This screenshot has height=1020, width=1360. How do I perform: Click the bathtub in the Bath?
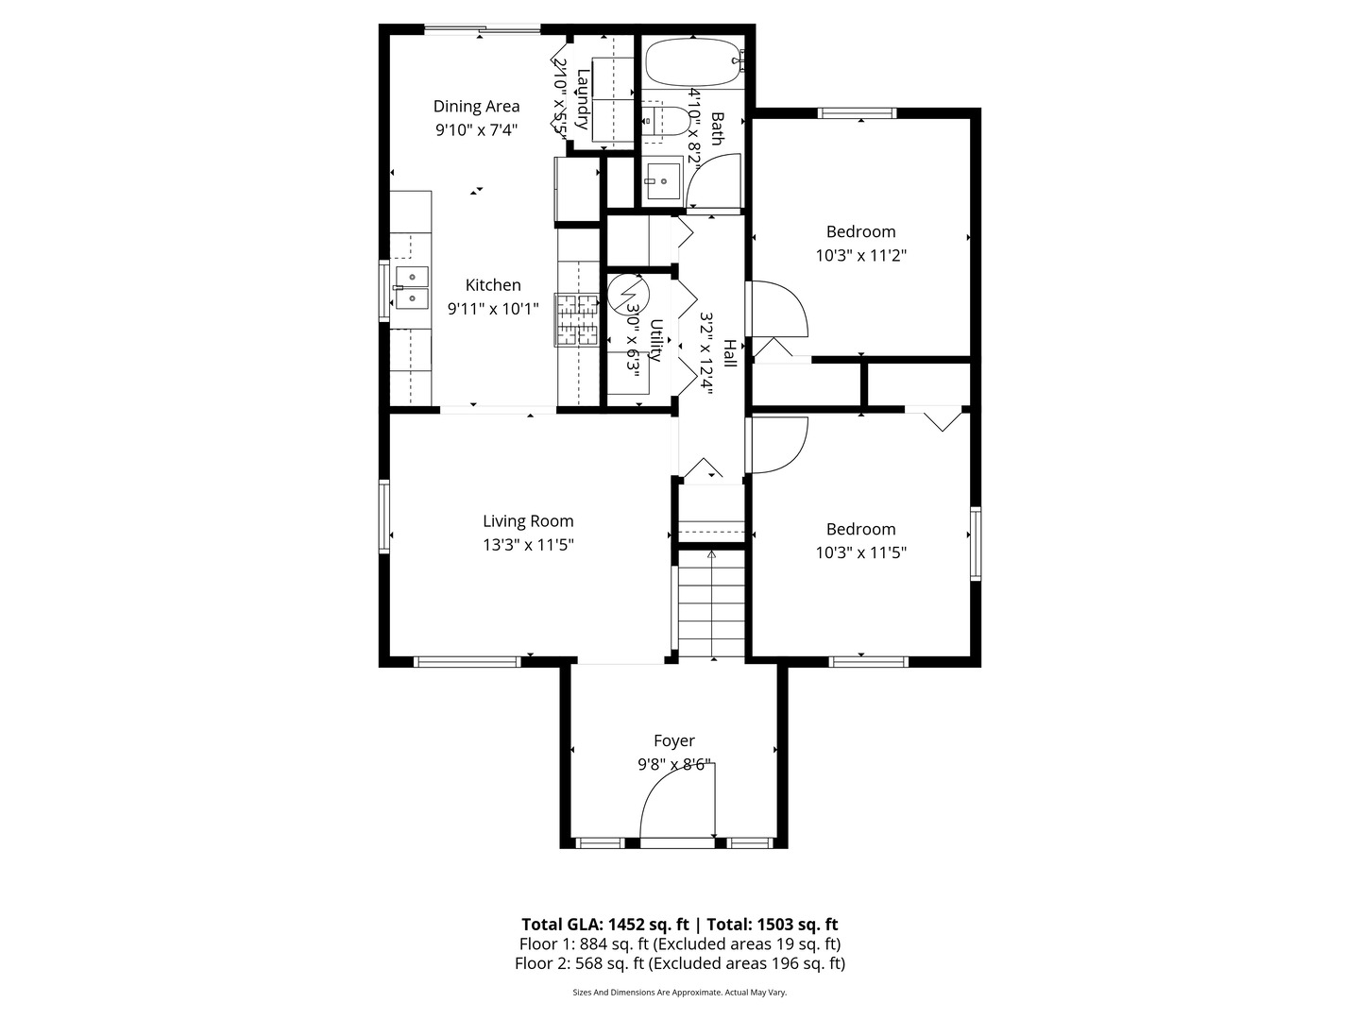coord(694,62)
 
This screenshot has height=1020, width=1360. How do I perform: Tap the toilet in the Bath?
coord(665,121)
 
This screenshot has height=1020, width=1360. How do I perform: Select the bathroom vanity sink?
coord(660,180)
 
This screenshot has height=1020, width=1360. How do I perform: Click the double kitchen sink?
coord(412,288)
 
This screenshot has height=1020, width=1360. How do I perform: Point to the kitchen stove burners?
coord(577,319)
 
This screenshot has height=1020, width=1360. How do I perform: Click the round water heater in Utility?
coord(628,294)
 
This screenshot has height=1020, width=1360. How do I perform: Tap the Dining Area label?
coord(476,107)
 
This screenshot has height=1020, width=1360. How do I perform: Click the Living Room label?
coord(528,521)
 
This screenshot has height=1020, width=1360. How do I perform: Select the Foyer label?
coord(674,740)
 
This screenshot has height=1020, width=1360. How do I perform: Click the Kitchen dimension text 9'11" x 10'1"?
coord(493,309)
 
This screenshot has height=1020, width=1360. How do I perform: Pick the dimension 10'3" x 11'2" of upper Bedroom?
coord(860,255)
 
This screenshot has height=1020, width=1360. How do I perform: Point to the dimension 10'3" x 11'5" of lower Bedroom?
coord(860,552)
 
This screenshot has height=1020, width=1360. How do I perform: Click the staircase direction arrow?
coord(711,603)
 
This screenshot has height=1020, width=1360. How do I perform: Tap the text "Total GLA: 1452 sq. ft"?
coord(604,925)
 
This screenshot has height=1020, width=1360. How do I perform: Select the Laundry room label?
coord(583,99)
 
